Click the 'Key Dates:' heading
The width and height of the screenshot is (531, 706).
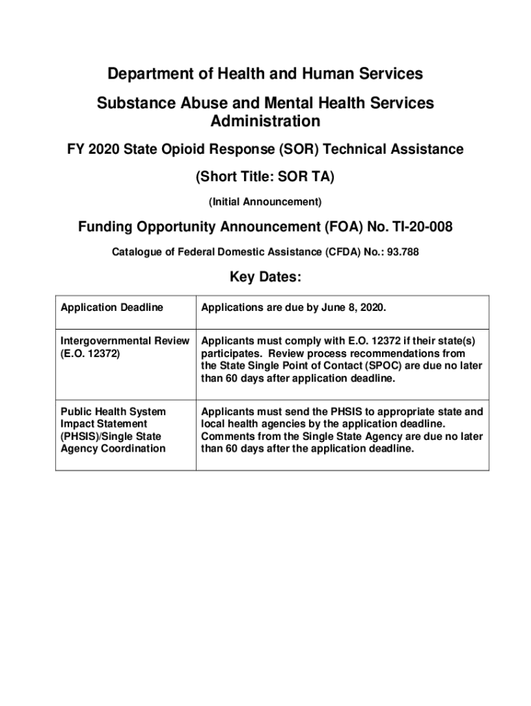265,277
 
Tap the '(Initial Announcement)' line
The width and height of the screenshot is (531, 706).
265,202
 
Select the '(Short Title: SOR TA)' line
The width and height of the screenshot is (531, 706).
265,177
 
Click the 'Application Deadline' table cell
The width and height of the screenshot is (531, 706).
112,307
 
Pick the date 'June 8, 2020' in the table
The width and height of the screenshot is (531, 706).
355,307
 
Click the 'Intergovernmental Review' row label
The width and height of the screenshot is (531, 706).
124,341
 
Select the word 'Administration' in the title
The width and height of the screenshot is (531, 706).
265,121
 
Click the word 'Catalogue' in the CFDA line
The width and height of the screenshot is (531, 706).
135,252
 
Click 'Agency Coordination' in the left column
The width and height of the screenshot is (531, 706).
113,449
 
